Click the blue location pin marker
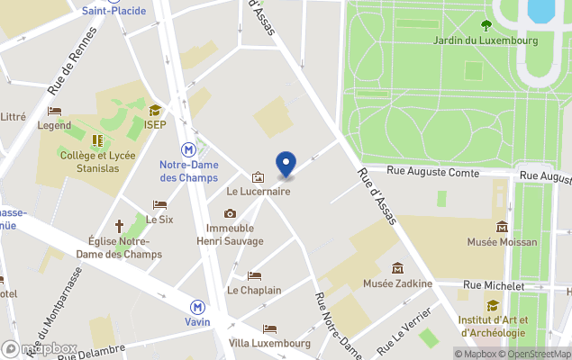286,164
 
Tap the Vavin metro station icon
196,306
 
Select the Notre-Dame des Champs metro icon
189,150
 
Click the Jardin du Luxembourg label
486,40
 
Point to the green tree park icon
486,25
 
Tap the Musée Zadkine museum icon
397,268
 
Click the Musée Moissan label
502,241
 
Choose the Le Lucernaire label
258,191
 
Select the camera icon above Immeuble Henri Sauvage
231,213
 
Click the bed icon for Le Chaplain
254,275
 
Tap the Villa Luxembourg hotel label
269,343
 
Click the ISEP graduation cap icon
155,110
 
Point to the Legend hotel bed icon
55,112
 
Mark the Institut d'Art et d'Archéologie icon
493,305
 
